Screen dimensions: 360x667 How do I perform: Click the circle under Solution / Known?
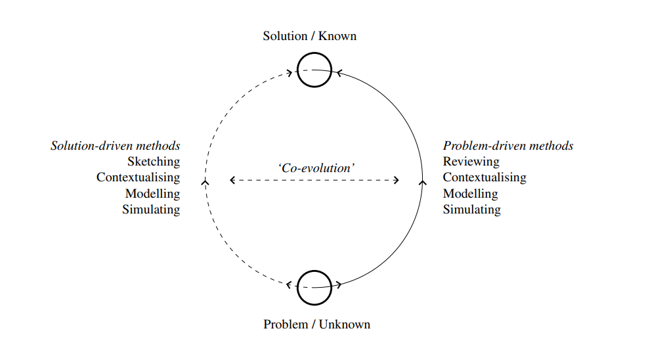tap(314, 70)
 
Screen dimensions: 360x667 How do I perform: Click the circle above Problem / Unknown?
tap(314, 287)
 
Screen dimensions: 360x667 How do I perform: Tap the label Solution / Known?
tap(309, 36)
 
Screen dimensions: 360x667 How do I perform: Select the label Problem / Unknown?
tap(316, 324)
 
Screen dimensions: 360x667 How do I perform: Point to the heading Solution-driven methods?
tap(116, 146)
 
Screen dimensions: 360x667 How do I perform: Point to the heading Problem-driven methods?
tap(508, 146)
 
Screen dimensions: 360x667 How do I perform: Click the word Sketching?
tap(154, 162)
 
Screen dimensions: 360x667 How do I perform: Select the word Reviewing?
tap(471, 162)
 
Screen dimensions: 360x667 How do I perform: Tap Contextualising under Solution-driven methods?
tap(138, 177)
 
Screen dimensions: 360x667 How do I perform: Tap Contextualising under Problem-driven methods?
tap(484, 177)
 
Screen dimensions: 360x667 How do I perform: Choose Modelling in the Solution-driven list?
tap(152, 194)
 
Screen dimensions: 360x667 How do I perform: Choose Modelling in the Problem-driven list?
tap(470, 194)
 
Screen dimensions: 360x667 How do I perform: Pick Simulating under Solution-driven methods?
tap(151, 210)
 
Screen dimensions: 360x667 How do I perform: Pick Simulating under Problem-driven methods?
tap(471, 210)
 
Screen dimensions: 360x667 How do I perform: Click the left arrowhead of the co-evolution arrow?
tap(232, 180)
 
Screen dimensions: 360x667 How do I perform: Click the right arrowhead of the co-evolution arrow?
tap(397, 180)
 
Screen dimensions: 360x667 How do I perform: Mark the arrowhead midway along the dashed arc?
tap(205, 181)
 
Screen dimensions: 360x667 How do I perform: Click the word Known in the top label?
tap(337, 36)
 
